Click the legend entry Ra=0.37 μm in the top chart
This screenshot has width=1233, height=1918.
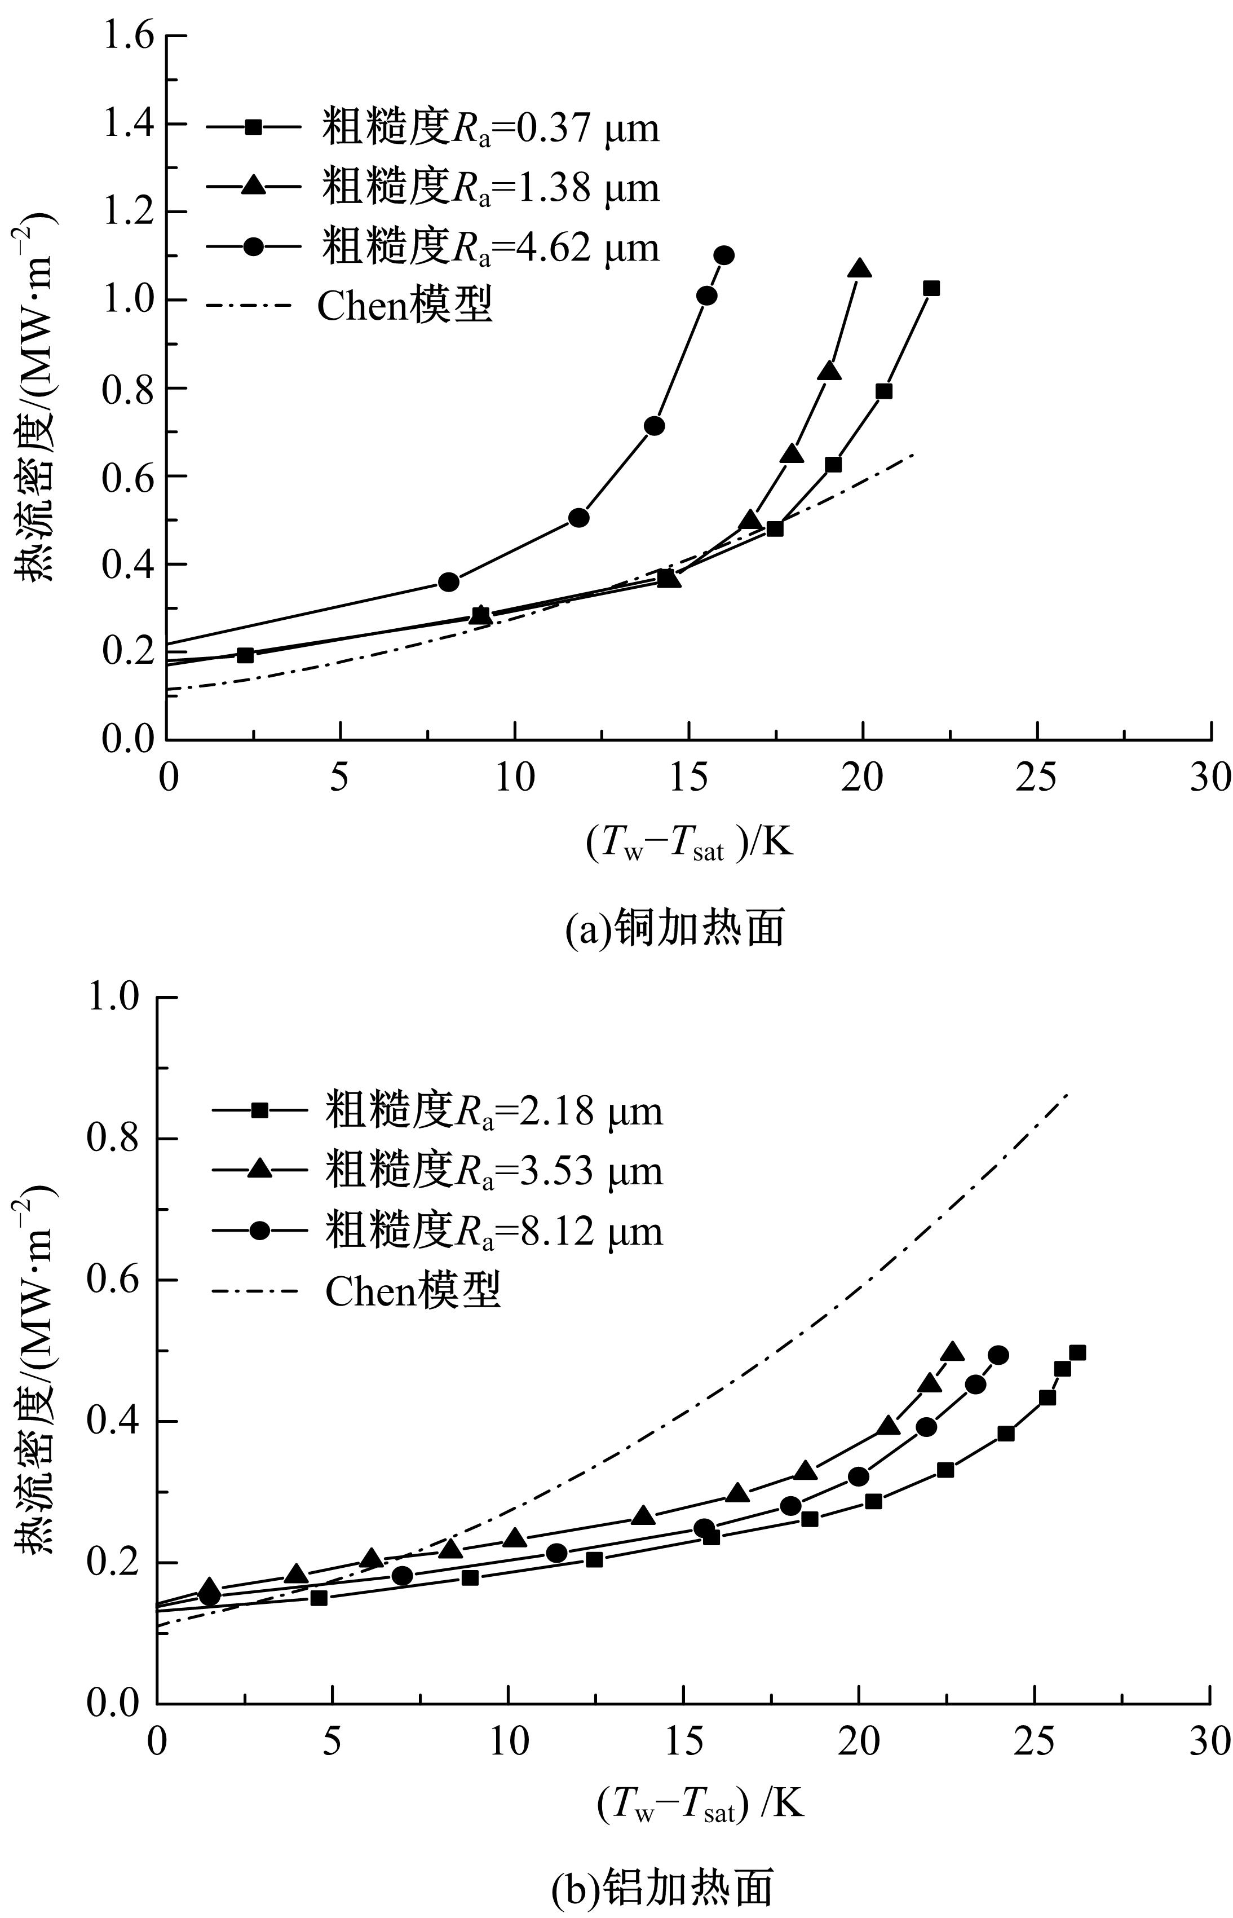pyautogui.click(x=432, y=128)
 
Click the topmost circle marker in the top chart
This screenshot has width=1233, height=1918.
pyautogui.click(x=724, y=255)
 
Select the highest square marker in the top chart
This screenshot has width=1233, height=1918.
pyautogui.click(x=931, y=288)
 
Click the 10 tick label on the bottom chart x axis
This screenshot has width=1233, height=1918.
pyautogui.click(x=507, y=1743)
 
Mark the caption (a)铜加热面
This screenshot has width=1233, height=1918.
pyautogui.click(x=674, y=929)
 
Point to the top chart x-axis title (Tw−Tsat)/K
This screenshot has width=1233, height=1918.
pyautogui.click(x=690, y=843)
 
